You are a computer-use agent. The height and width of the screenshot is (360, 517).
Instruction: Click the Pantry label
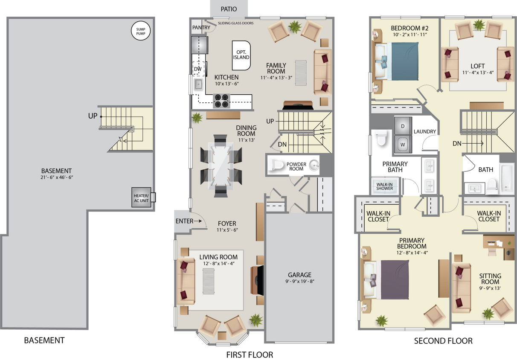201,28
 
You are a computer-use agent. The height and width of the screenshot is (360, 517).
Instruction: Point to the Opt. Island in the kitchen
241,55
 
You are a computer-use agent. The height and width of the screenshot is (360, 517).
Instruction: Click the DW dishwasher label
198,69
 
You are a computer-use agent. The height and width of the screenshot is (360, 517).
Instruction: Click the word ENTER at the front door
184,221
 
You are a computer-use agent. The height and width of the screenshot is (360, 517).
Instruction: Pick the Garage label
299,275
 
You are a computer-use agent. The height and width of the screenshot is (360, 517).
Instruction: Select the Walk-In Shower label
384,186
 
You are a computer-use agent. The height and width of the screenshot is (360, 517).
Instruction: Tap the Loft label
477,66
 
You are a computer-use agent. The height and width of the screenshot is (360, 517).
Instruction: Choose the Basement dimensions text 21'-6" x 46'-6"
56,177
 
